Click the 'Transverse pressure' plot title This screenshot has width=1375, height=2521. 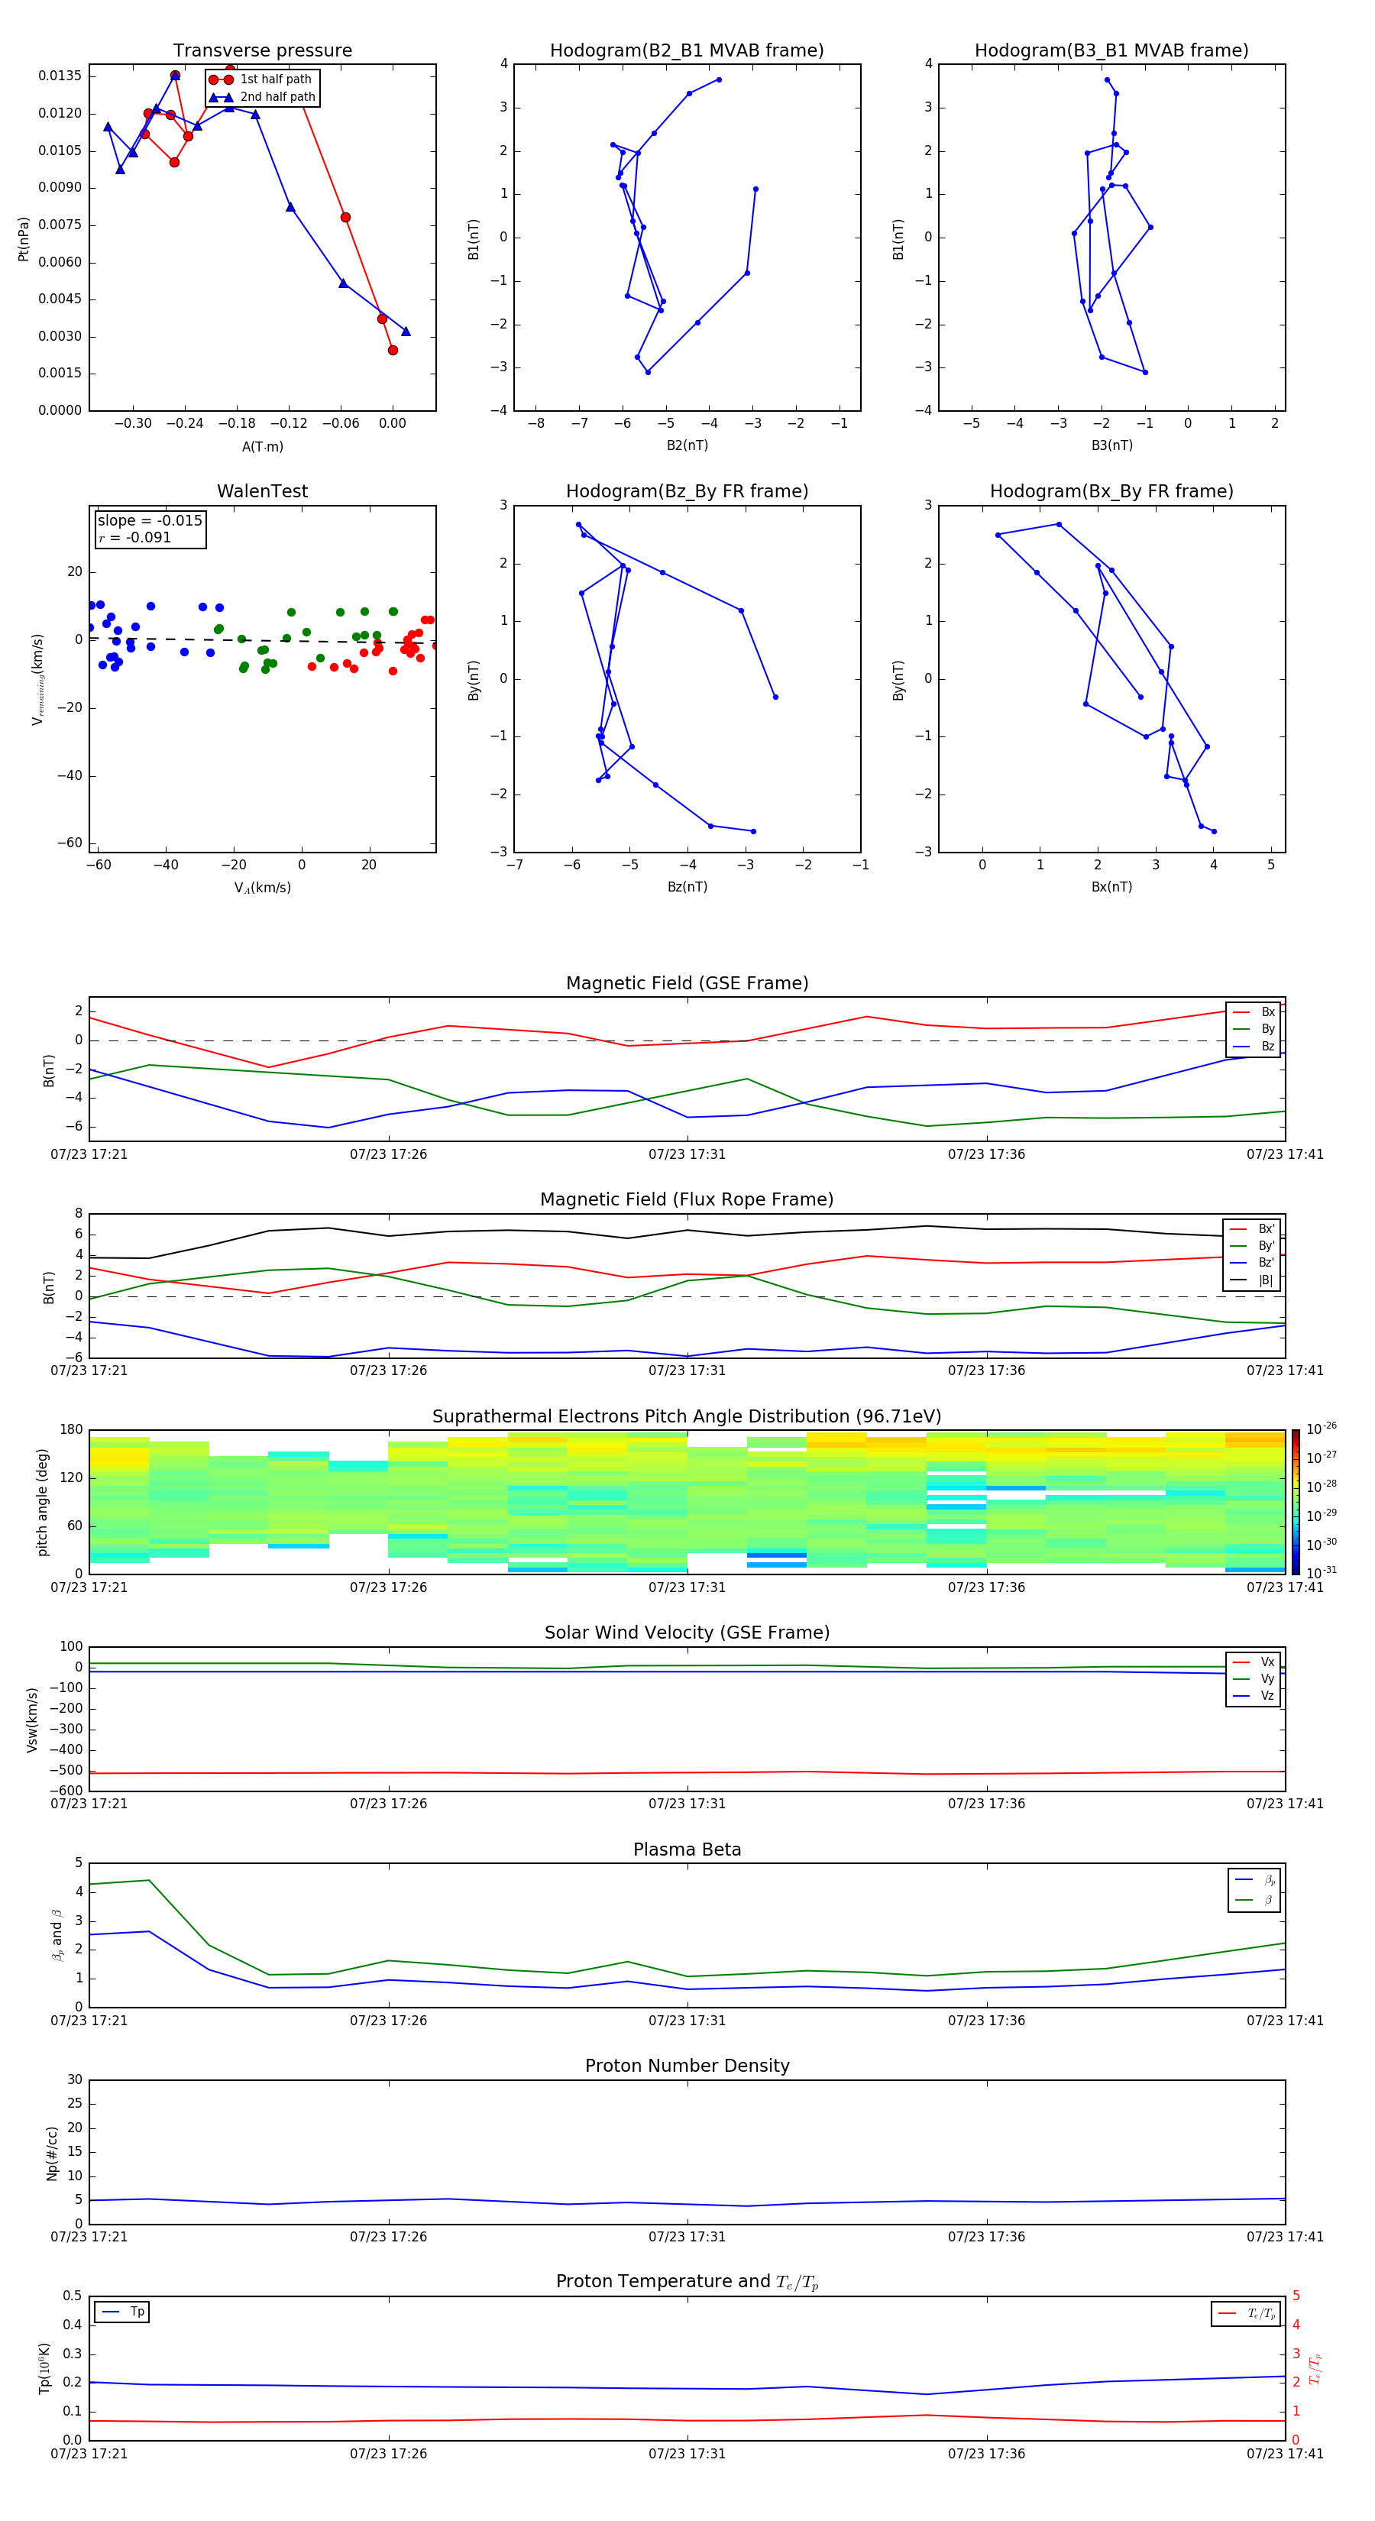[262, 51]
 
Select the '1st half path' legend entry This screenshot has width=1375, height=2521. [275, 79]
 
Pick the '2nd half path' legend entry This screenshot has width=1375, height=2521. [277, 97]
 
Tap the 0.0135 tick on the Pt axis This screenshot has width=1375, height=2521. [60, 76]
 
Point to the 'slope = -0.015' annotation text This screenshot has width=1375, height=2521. [150, 521]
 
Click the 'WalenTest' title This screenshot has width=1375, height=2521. [262, 491]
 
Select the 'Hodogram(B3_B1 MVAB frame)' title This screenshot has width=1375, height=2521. [1111, 51]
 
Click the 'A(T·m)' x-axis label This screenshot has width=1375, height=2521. [262, 447]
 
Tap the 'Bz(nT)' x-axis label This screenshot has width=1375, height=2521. [687, 887]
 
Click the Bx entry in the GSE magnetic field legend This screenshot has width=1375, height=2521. [1267, 1012]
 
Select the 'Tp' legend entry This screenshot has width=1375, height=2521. [137, 2312]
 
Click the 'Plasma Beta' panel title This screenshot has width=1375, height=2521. [687, 1849]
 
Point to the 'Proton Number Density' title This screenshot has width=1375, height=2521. [687, 2066]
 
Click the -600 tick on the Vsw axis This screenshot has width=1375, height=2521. [66, 1791]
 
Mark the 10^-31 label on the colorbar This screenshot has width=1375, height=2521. [1322, 1571]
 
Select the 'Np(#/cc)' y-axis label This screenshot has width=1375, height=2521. [53, 2153]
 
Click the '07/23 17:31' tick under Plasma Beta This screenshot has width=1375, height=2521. [687, 2021]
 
